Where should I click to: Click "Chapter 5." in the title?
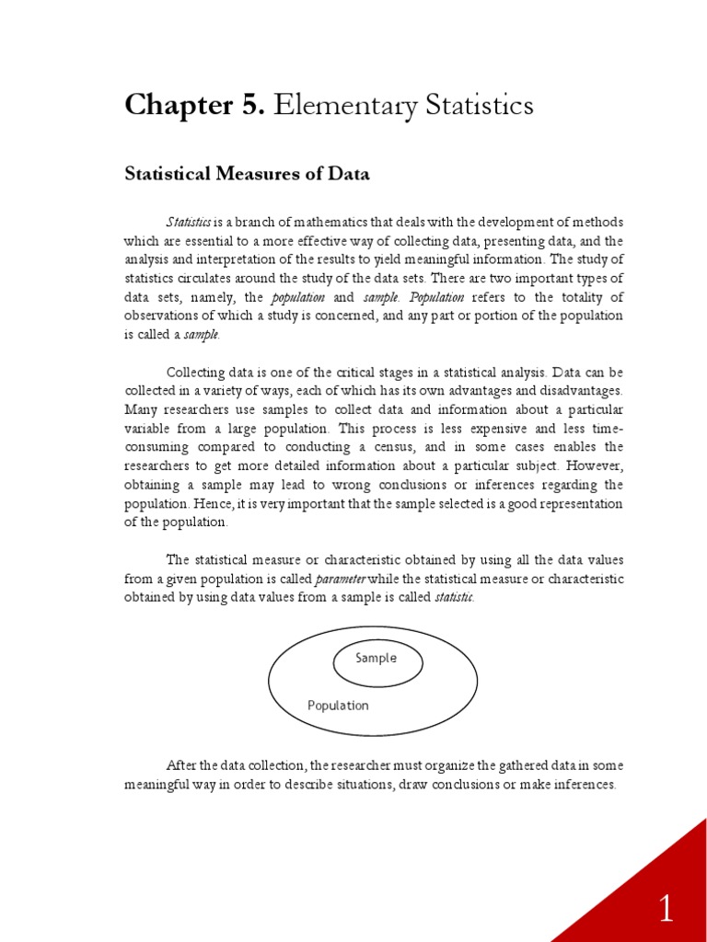tap(195, 106)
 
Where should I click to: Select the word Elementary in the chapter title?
tap(346, 106)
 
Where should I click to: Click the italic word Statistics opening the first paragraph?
tap(189, 223)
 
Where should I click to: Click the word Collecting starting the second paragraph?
tap(200, 373)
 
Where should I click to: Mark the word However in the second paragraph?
tap(594, 465)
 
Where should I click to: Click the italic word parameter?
tap(342, 579)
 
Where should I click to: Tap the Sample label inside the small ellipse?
tap(377, 658)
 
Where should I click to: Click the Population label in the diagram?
tap(338, 706)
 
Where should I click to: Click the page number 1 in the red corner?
tap(666, 910)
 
